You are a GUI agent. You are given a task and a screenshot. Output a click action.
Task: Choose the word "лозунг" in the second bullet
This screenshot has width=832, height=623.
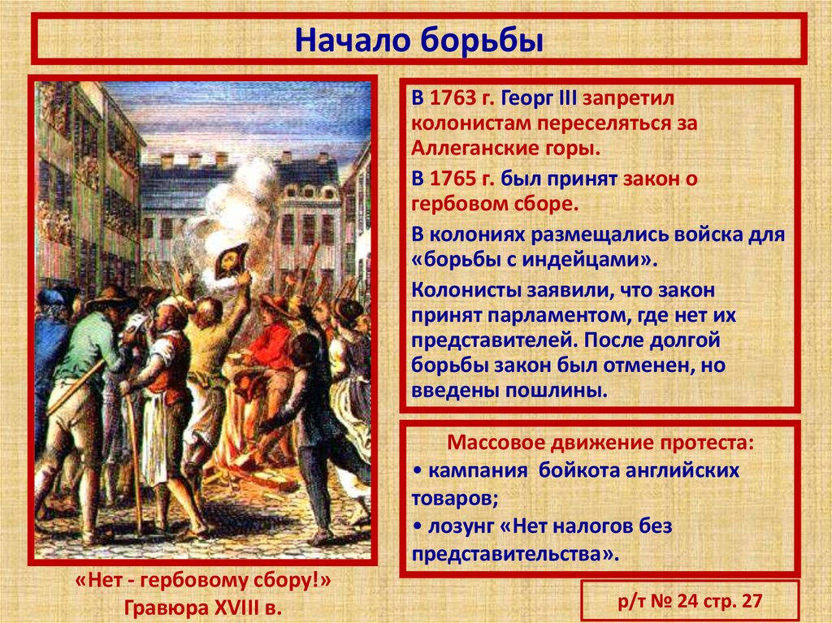459,526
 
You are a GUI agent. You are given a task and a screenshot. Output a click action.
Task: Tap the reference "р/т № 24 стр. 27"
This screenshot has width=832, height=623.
691,602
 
